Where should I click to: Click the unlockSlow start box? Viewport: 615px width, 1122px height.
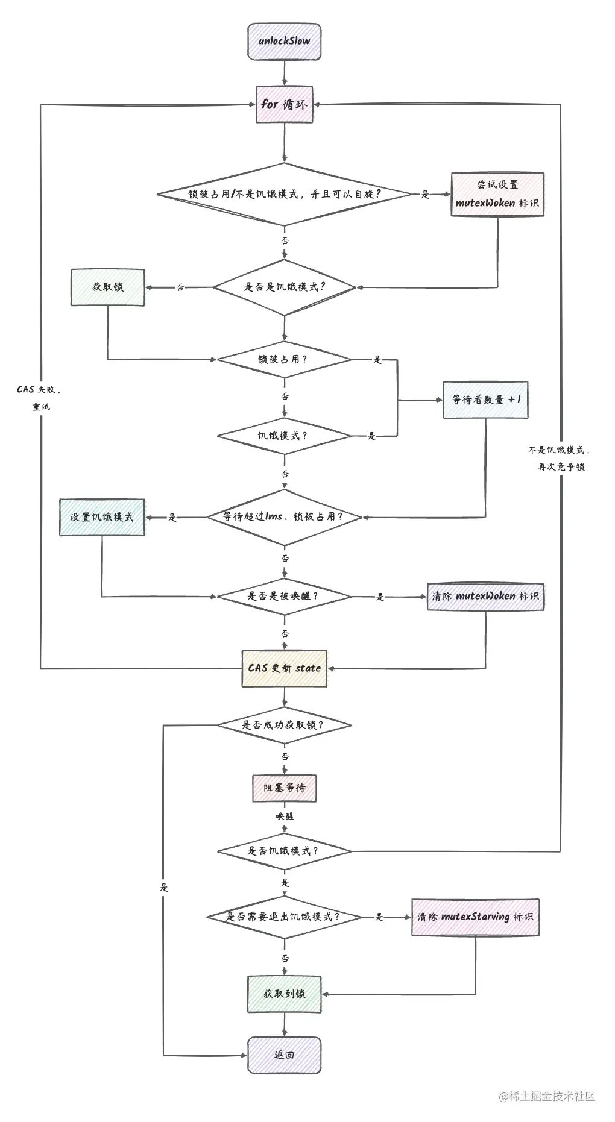tap(284, 42)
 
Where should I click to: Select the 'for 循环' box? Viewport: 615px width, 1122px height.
tap(284, 104)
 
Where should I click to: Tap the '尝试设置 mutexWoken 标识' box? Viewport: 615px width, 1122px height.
tap(497, 194)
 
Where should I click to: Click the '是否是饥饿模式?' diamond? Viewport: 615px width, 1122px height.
tap(285, 287)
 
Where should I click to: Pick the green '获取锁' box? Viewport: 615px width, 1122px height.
tap(107, 287)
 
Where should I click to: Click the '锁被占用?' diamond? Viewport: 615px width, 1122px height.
tap(283, 360)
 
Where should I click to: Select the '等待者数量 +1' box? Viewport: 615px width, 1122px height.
tap(485, 400)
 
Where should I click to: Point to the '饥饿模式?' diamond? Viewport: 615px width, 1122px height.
tap(283, 435)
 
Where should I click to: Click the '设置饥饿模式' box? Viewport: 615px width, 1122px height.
tap(102, 517)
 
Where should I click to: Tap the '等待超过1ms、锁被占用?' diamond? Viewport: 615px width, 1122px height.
tap(283, 517)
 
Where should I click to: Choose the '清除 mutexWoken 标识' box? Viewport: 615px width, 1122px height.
tap(485, 596)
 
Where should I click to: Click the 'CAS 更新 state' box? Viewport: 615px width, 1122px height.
tap(285, 668)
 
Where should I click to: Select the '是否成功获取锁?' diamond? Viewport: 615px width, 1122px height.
tap(283, 725)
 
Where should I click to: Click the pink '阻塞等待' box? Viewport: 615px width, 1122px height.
tap(284, 788)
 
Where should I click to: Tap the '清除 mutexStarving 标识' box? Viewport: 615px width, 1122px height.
tap(475, 917)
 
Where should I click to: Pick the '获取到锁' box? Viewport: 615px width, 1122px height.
tap(284, 994)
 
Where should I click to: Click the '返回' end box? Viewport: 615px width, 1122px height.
tap(284, 1055)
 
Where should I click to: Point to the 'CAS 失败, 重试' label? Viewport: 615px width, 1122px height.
tap(40, 398)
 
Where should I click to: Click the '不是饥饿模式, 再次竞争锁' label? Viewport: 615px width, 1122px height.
tap(560, 458)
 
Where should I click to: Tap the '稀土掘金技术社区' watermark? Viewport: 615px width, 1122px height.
tap(547, 1096)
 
